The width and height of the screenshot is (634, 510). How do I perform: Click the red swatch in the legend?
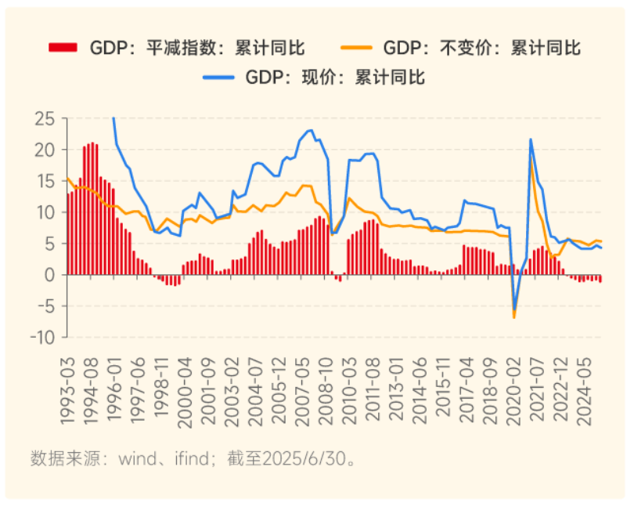pos(63,48)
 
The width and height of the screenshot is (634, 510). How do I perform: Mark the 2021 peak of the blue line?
pos(531,139)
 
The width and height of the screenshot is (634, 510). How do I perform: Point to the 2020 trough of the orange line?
pos(514,317)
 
